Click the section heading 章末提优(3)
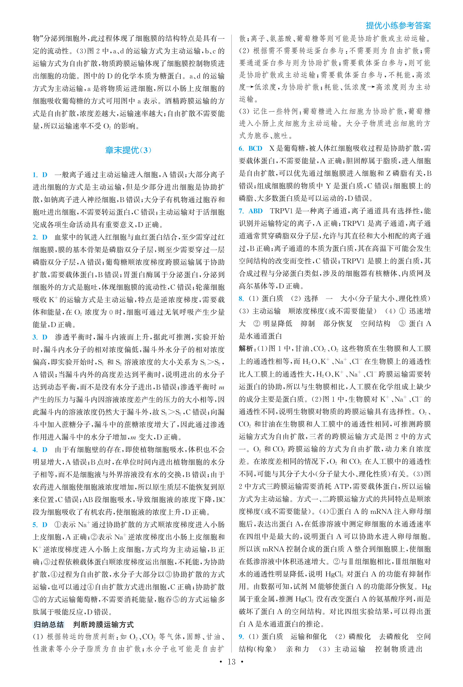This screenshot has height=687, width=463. [x=128, y=150]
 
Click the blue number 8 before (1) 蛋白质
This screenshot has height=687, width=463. [x=241, y=299]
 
